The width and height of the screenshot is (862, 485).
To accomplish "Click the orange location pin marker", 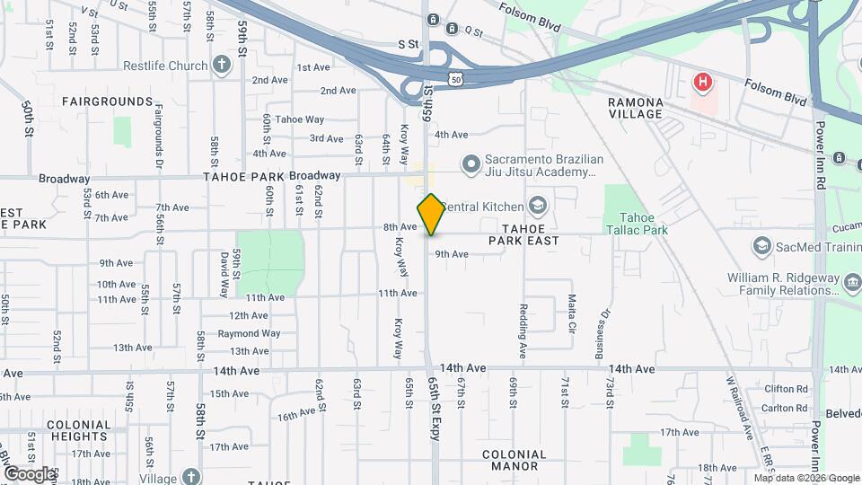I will (x=431, y=214).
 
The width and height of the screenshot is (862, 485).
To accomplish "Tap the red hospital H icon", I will (x=703, y=84).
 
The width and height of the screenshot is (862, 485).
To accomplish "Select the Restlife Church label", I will (x=165, y=66).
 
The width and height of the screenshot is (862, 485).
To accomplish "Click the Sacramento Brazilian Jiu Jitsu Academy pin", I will (x=469, y=164).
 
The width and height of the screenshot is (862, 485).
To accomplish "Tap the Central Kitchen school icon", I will (x=537, y=207).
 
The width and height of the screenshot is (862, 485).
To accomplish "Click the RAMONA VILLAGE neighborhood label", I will (x=636, y=108).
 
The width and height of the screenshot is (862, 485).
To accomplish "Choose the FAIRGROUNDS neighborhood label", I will (x=108, y=101).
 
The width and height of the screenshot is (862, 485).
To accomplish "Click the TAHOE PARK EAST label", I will (x=524, y=234).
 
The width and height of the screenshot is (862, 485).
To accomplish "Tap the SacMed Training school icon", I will (x=761, y=246).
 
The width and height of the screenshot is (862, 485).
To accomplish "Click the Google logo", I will (x=29, y=473).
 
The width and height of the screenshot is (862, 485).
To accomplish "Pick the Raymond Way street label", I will (x=249, y=333).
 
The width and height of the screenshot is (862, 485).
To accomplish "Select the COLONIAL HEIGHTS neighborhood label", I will (x=79, y=430).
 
